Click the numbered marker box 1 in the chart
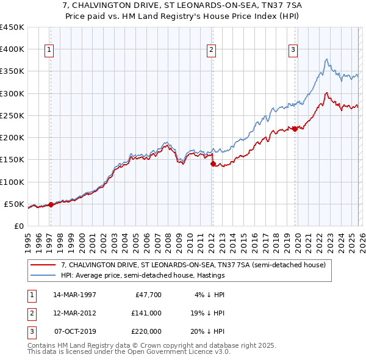48,50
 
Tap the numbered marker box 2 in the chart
211,50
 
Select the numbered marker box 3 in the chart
293,50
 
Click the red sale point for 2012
213,164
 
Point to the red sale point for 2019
295,129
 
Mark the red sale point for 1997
51,205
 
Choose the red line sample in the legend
43,265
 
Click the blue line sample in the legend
43,275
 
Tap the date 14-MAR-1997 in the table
74,295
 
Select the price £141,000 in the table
147,313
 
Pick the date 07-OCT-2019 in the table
75,331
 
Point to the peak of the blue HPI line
327,59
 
